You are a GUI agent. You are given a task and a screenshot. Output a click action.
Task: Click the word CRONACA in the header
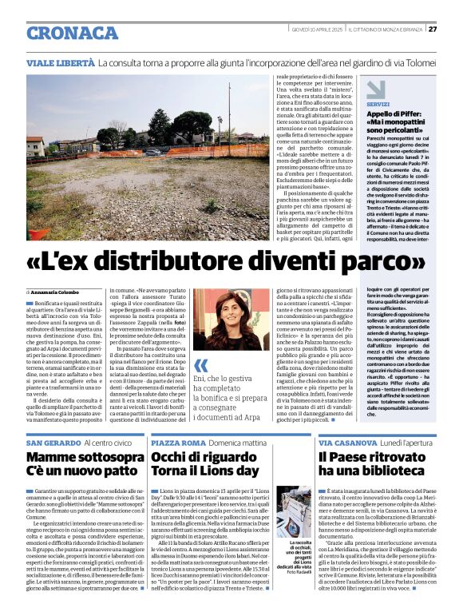[73, 33]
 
